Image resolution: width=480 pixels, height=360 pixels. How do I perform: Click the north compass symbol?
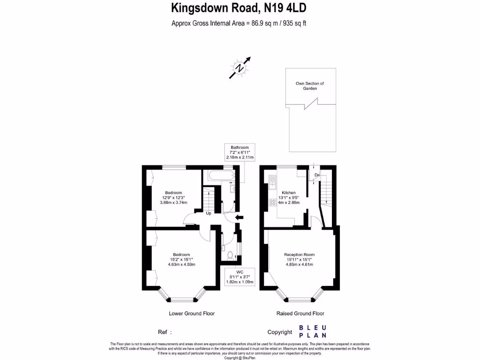(x=240, y=68)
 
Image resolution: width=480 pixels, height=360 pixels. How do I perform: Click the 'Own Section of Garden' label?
(x=309, y=86)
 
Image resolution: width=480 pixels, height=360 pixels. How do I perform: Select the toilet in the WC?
(x=229, y=256)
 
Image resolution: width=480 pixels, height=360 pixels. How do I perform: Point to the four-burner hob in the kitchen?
(x=272, y=203)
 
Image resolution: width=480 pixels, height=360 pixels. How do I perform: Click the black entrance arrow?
(x=239, y=217)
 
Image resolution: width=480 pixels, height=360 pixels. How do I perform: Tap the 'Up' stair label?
(x=209, y=213)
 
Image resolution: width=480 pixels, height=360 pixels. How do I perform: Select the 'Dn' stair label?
(x=317, y=175)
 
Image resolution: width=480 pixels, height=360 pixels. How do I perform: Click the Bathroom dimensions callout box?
(x=239, y=152)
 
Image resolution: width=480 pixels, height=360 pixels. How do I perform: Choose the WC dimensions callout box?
(x=240, y=277)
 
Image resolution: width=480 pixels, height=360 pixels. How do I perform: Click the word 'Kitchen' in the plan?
(x=288, y=193)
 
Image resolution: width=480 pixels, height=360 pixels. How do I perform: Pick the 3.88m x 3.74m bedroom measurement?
(x=173, y=202)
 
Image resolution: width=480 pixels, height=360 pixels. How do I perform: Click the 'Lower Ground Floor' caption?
(x=192, y=314)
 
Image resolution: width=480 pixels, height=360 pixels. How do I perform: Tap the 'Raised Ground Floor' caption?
(x=300, y=314)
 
